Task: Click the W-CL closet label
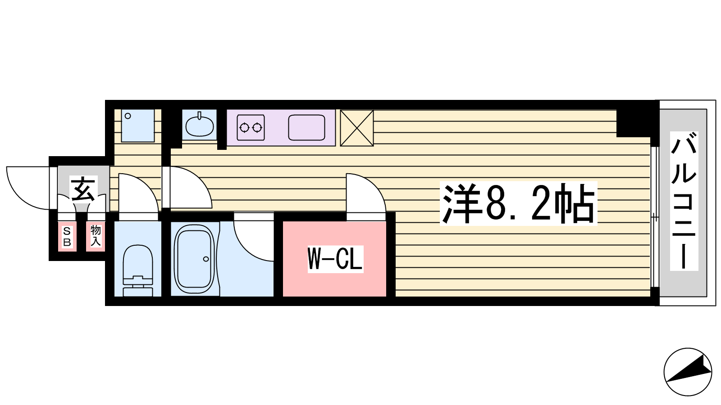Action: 335,259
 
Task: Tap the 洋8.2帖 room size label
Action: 518,203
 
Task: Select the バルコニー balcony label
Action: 684,201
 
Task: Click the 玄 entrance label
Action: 83,189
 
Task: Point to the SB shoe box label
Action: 67,236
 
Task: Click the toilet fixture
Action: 138,270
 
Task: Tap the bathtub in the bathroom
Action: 194,259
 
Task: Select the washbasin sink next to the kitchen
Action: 200,126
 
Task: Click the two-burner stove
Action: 251,128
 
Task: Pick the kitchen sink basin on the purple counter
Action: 306,128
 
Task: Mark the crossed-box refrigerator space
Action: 356,128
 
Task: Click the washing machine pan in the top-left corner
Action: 138,126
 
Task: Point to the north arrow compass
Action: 688,372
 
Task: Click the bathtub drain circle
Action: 206,259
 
